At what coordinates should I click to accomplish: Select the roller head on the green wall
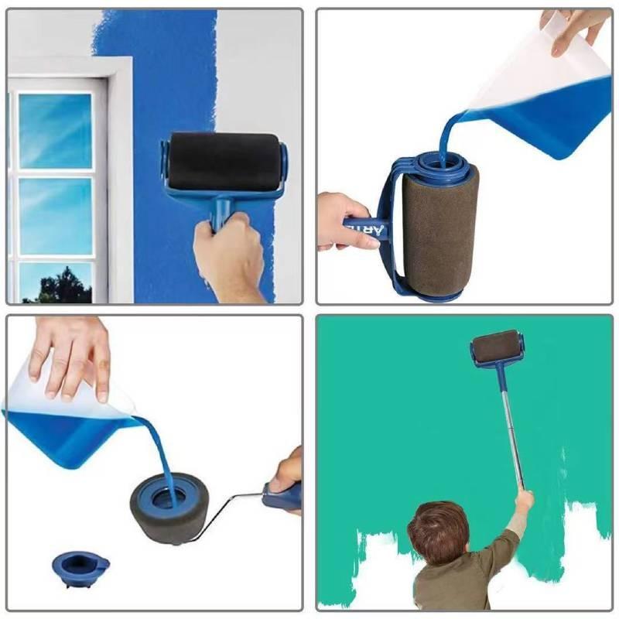click(x=495, y=349)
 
